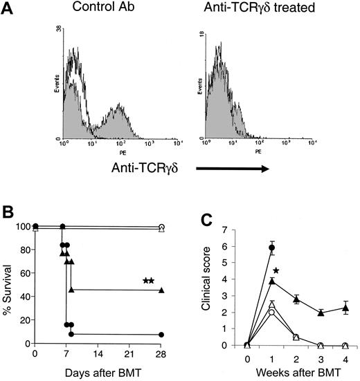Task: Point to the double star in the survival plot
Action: (x=147, y=280)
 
